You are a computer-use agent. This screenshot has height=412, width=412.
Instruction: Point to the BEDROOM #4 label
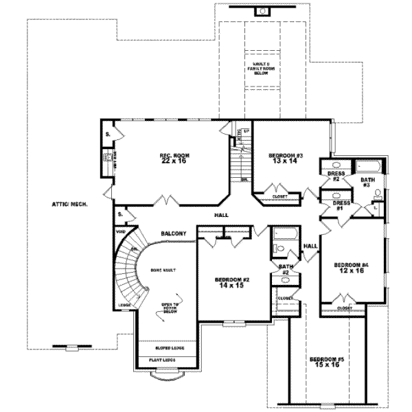[351, 267]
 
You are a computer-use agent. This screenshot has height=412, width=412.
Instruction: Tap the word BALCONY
[174, 233]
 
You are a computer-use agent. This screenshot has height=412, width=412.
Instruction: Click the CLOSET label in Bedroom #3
[279, 196]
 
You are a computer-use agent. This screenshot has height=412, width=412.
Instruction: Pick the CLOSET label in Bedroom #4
[346, 309]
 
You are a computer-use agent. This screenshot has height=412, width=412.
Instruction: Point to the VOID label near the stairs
[121, 231]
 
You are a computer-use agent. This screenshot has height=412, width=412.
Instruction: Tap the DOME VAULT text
[163, 270]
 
